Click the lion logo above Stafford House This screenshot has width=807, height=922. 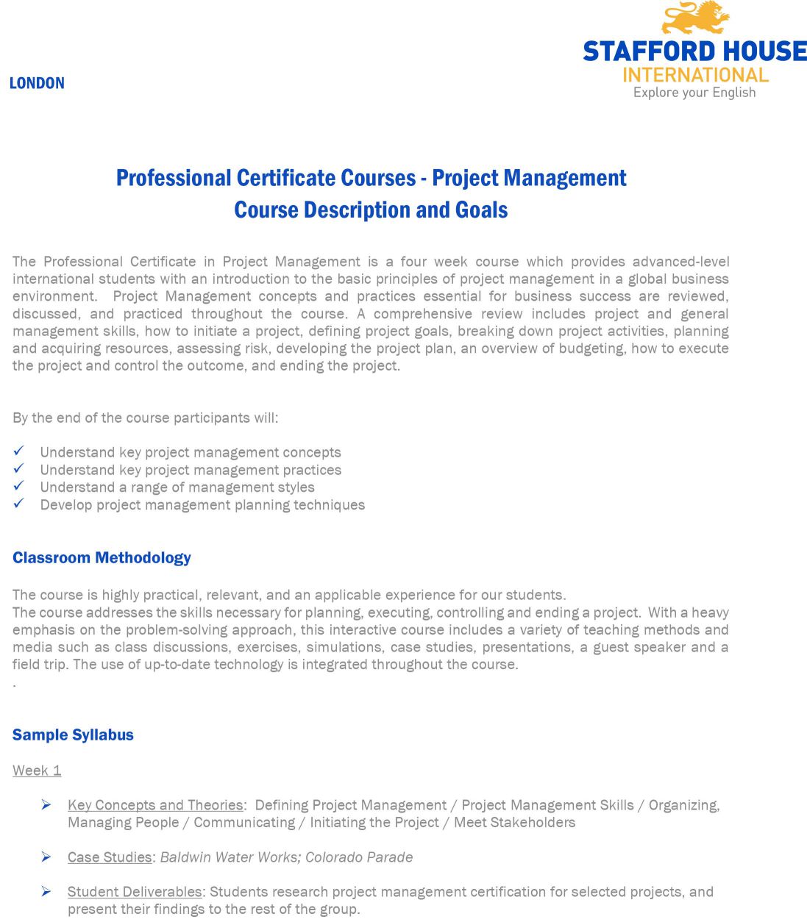coord(695,18)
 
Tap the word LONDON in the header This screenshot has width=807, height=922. coord(37,83)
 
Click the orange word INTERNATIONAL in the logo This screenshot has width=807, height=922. coord(695,75)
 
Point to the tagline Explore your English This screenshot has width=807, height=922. coord(694,93)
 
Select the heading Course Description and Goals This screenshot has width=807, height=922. coord(371,210)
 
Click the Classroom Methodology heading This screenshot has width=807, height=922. coord(102,557)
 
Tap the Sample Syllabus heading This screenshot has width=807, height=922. coord(73,735)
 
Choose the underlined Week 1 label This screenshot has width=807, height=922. coord(37,771)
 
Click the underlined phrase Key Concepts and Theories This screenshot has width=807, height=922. coord(155,805)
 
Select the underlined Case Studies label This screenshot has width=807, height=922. coord(110,857)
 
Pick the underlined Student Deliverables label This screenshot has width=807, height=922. coord(135,892)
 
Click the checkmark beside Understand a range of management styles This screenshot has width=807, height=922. coord(19,486)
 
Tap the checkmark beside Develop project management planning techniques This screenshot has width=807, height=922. coord(19,504)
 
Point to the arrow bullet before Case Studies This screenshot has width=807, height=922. coord(46,857)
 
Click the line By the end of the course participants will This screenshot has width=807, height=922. coord(146,418)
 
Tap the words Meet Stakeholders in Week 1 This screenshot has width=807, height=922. coord(514,823)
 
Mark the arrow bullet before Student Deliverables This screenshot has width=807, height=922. coord(46,892)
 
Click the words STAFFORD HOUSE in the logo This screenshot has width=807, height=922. coord(694,51)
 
